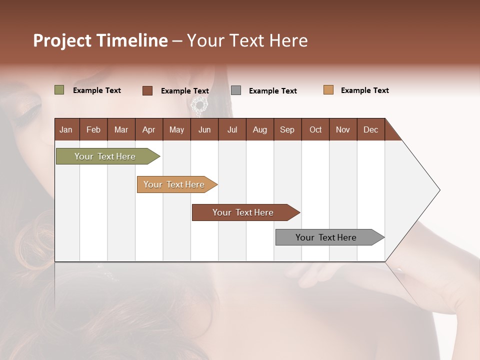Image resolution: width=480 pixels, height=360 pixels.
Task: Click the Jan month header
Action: [x=66, y=129]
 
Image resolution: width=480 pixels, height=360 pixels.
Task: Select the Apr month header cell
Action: [x=149, y=129]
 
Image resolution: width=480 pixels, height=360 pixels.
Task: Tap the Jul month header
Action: [x=232, y=129]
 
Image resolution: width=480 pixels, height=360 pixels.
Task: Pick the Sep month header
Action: [x=287, y=129]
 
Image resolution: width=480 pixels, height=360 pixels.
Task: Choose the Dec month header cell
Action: [x=370, y=129]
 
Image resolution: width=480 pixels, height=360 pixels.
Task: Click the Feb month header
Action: [x=93, y=129]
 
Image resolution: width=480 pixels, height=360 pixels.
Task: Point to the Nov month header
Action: [x=342, y=129]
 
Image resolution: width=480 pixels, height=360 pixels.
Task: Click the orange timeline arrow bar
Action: [x=175, y=184]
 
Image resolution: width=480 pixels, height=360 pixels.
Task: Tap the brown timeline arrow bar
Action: [x=243, y=212]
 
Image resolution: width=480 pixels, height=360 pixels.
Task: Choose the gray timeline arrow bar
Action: [x=327, y=237]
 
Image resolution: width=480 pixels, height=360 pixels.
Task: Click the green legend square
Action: [x=59, y=90]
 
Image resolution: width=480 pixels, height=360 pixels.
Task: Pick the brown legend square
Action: [x=147, y=90]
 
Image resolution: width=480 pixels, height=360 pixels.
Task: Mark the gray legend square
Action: [x=236, y=90]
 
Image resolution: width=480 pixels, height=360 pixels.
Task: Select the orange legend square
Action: [x=328, y=90]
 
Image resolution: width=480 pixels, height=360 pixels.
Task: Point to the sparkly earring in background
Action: [x=199, y=105]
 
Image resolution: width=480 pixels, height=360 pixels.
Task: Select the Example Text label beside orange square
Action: [x=364, y=90]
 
